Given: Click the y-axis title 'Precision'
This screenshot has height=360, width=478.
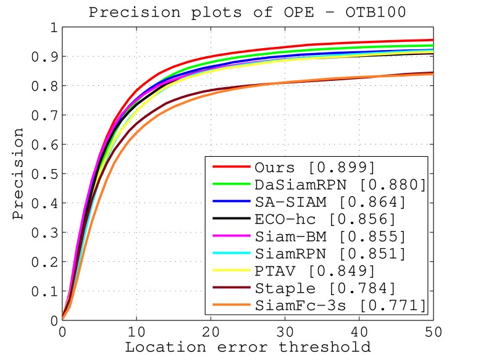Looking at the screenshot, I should coord(19,174).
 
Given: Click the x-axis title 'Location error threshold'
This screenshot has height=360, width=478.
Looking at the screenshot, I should coord(248,347).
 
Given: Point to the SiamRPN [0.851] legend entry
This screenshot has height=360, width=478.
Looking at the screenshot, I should coord(329,254).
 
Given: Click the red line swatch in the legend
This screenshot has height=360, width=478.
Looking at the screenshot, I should coord(230,168).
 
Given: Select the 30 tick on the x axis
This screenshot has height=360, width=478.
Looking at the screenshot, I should coord(285,332).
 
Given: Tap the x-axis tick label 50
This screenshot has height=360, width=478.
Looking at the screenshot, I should coord(434,332).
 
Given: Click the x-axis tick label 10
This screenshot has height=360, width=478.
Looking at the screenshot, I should coord(136,332).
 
